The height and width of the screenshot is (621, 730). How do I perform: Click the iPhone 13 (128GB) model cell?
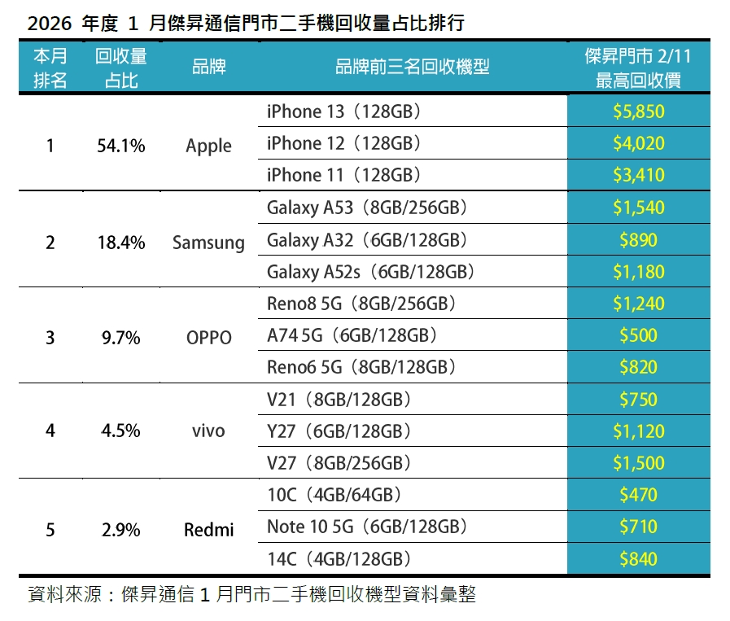343,112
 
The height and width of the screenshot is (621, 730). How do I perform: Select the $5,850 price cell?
639,112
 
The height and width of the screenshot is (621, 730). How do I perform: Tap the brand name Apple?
208,146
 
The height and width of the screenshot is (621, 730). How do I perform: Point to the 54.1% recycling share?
120,146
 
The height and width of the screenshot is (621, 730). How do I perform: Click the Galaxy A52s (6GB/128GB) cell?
370,271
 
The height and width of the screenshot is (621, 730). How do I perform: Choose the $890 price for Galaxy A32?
639,240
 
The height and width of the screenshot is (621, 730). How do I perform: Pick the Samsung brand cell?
208,243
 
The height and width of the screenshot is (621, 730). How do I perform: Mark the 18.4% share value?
120,243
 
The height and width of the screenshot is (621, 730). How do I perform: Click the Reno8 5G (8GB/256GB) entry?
361,304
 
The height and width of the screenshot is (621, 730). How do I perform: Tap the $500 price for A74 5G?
639,335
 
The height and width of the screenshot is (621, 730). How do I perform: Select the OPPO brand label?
208,338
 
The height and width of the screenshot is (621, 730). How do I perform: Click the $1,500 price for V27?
639,463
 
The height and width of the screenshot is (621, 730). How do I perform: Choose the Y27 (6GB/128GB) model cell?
339,431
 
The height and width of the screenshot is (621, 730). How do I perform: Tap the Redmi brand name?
208,530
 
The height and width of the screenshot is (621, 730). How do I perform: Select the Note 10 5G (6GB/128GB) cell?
367,527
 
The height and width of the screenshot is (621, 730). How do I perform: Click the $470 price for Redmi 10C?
639,495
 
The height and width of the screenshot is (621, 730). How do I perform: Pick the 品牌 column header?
208,68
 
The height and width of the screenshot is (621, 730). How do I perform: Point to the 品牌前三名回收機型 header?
412,68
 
